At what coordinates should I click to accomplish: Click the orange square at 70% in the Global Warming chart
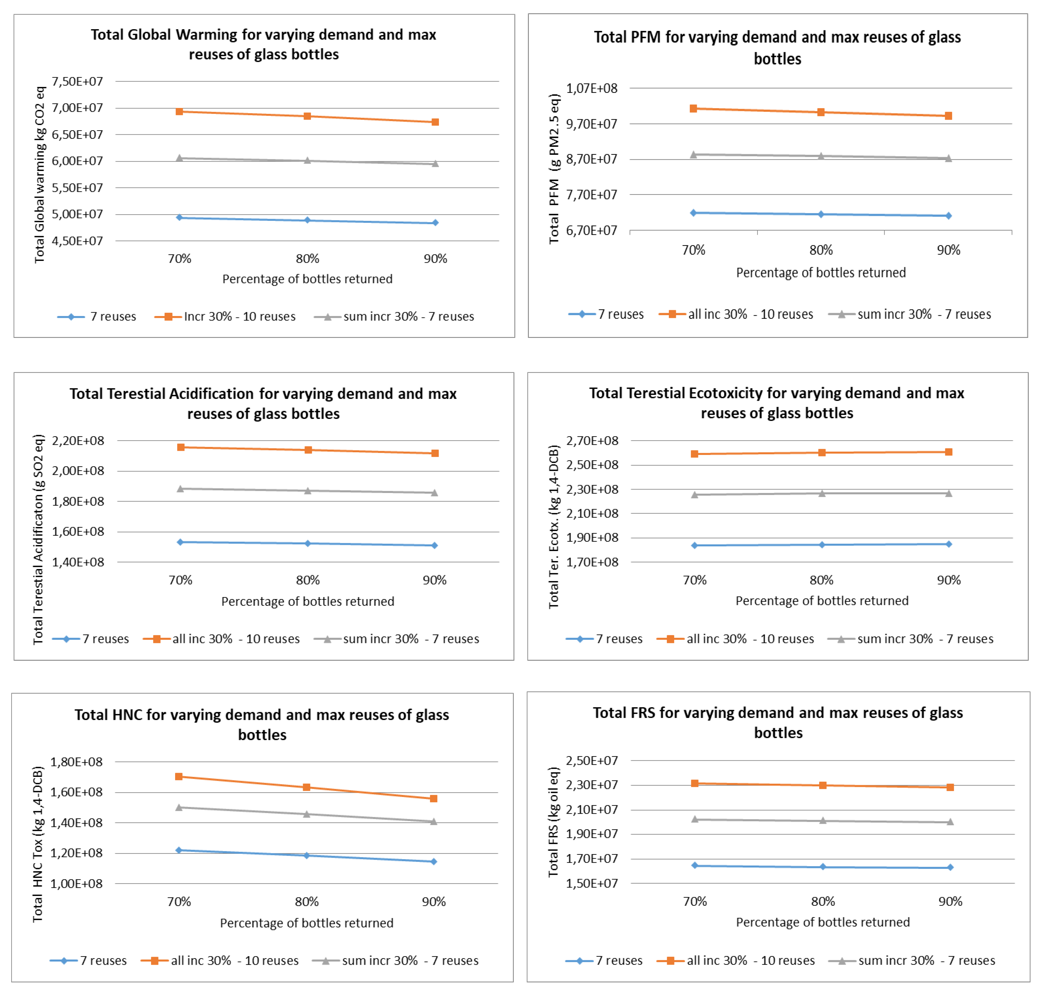click(180, 112)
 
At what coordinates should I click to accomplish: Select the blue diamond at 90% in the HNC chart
click(434, 862)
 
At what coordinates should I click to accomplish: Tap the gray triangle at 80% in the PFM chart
click(821, 156)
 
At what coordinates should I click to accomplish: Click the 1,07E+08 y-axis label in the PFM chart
click(592, 88)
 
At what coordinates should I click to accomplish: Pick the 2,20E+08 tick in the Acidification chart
click(78, 441)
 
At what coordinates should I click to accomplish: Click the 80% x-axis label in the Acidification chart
click(308, 580)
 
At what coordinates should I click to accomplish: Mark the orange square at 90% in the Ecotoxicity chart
click(949, 452)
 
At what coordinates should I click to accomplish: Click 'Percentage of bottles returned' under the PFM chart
click(821, 273)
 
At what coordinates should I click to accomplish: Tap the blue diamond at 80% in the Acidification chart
click(308, 544)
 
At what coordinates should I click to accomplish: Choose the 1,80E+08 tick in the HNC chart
click(77, 762)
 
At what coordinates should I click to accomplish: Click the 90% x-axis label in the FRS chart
click(950, 901)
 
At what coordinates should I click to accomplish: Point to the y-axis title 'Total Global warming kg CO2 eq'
click(40, 175)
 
